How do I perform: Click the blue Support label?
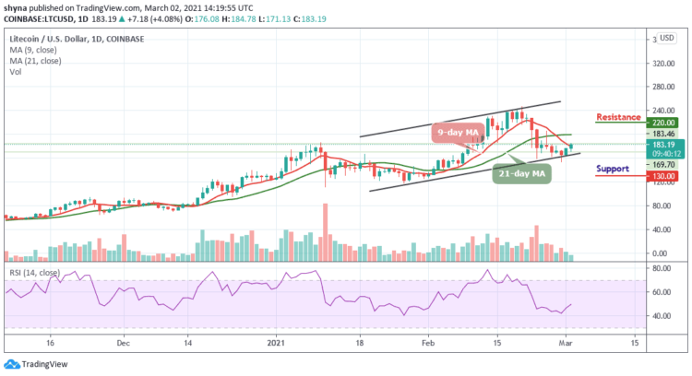pyautogui.click(x=613, y=169)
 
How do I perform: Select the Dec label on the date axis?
pyautogui.click(x=122, y=341)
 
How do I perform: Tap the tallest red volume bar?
pyautogui.click(x=326, y=232)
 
